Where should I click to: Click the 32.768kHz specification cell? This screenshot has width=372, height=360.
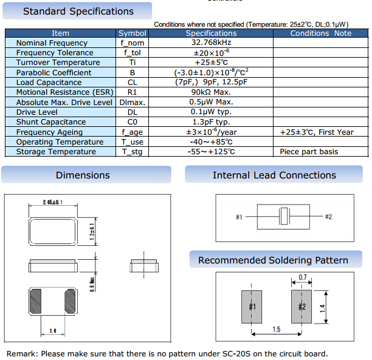211,43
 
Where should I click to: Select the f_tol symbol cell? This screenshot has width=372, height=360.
132,53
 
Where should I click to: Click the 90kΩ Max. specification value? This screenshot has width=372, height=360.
211,92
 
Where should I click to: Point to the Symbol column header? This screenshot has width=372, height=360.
132,33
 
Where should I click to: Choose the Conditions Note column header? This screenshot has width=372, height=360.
320,33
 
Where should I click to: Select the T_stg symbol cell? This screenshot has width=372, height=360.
132,152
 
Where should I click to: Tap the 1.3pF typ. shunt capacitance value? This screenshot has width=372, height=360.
211,122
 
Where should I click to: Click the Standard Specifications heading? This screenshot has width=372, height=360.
78,12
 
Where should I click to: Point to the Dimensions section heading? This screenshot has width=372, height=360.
83,175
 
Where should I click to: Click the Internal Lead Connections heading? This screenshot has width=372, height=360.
274,175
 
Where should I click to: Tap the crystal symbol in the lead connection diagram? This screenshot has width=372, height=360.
283,216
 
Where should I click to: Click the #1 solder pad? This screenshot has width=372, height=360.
252,307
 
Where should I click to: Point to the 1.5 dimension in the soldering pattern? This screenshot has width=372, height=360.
276,329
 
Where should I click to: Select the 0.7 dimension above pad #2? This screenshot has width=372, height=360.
303,278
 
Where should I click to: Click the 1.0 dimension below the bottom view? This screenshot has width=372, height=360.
53,330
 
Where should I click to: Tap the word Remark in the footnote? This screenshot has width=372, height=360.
20,354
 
